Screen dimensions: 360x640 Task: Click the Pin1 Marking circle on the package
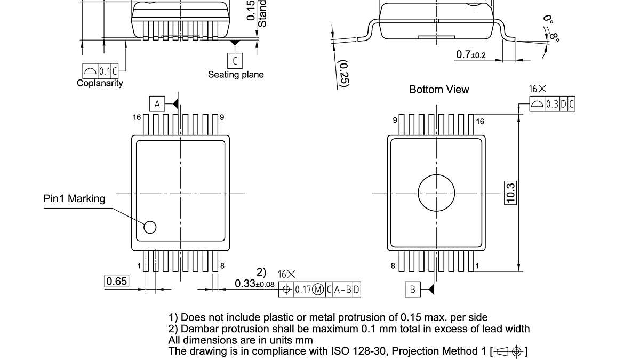click(x=150, y=227)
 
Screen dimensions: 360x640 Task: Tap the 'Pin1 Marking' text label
click(x=74, y=199)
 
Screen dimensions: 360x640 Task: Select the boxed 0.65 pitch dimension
click(x=116, y=281)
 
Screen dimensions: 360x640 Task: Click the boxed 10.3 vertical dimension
click(x=510, y=193)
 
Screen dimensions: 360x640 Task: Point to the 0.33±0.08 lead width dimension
click(x=254, y=284)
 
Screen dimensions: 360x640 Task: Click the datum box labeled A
click(x=157, y=104)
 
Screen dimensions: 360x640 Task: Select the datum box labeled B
click(x=412, y=290)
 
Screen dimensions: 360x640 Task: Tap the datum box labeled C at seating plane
click(x=235, y=60)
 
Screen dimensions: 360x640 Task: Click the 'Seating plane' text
click(x=236, y=75)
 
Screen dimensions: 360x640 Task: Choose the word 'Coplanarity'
click(x=100, y=83)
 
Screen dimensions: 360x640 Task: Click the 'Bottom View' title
click(x=439, y=90)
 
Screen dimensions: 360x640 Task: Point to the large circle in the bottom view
click(x=437, y=192)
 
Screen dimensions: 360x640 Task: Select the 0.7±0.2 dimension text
click(x=471, y=55)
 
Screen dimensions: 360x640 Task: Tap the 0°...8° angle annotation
click(x=552, y=29)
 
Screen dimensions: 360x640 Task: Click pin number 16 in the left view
click(x=137, y=117)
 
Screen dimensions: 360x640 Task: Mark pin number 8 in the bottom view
click(x=394, y=266)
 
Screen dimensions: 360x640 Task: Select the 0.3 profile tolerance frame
click(x=552, y=104)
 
